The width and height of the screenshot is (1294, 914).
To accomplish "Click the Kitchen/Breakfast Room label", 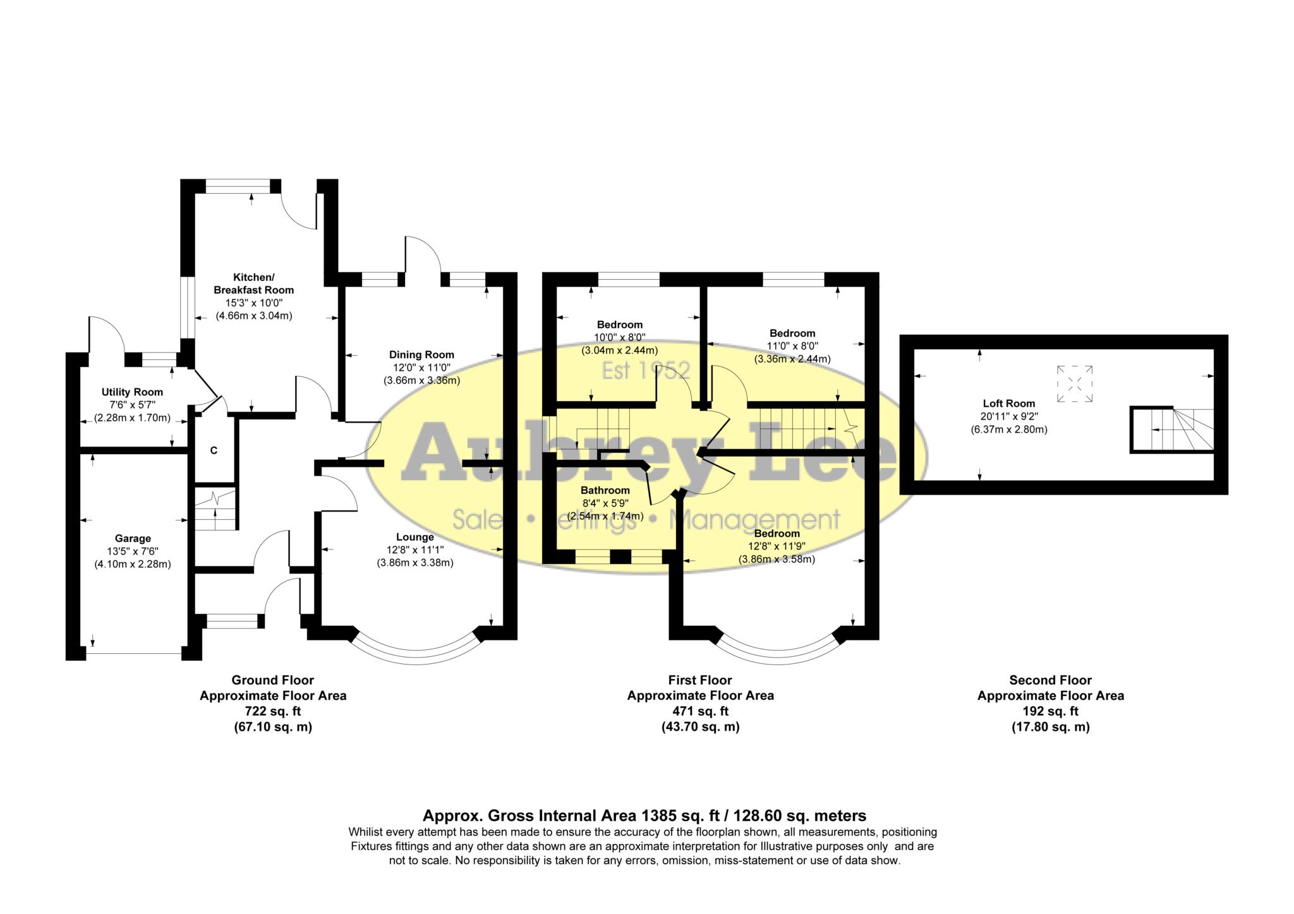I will [x=253, y=284].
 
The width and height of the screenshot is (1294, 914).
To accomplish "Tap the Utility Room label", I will [x=132, y=392].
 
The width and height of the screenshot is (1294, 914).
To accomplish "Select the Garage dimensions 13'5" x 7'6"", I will [x=132, y=551].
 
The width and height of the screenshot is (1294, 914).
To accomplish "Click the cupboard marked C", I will [x=214, y=450].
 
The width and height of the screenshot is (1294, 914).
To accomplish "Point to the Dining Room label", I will [x=421, y=354].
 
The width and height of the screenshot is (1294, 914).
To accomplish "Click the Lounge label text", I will [x=414, y=537].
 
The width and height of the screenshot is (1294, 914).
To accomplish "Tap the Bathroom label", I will [x=605, y=490].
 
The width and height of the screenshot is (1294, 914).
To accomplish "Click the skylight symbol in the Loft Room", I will [x=1075, y=383].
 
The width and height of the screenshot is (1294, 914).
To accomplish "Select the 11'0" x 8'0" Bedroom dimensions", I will [x=792, y=346].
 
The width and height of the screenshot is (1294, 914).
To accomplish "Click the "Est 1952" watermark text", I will [x=645, y=371].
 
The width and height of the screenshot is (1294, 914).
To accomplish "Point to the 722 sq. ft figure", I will [x=273, y=711].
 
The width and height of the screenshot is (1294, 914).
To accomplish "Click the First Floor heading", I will [x=700, y=680].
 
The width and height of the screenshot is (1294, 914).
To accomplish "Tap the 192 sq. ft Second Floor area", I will [x=1050, y=711].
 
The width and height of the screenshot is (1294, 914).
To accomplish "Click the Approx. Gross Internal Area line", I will [x=644, y=815].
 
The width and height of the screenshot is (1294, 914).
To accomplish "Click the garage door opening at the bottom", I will [x=133, y=654].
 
